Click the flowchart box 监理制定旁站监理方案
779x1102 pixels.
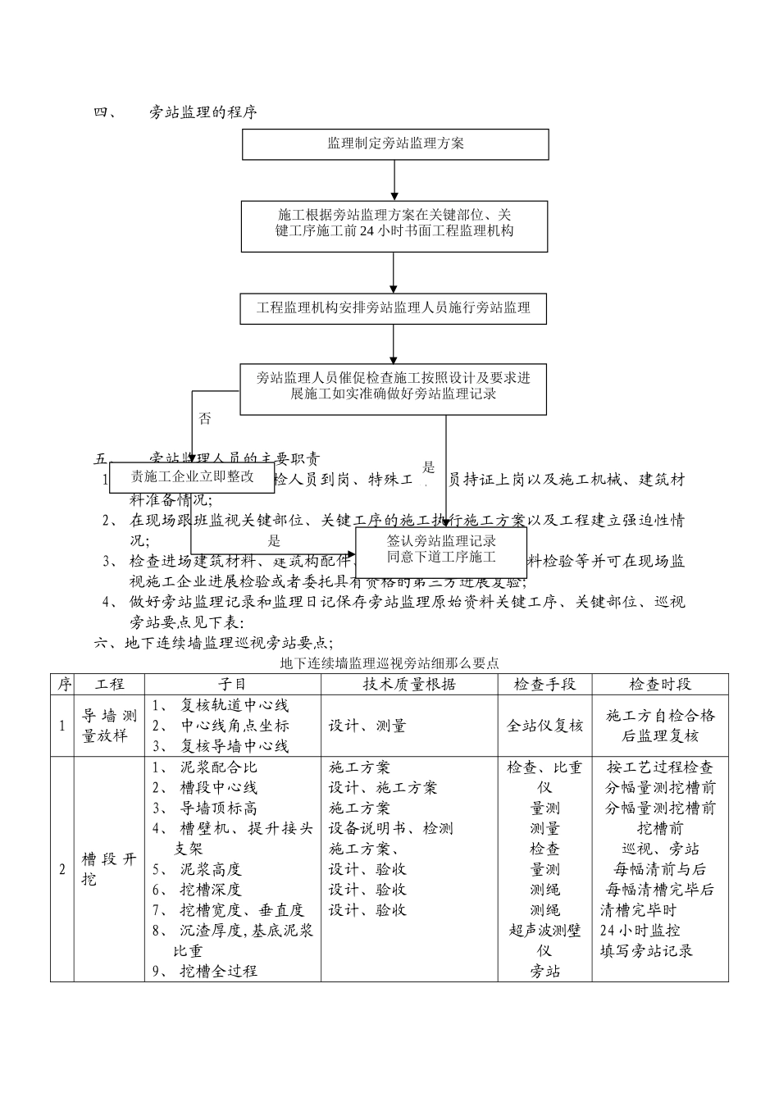[x=395, y=144]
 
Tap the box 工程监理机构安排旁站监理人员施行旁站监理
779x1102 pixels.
[x=394, y=308]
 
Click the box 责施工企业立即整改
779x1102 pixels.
[x=192, y=478]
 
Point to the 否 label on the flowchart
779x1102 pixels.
[x=205, y=420]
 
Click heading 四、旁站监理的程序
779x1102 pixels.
[x=176, y=112]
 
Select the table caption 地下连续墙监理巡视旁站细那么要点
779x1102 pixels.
[x=389, y=663]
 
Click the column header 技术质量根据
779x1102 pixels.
[x=408, y=684]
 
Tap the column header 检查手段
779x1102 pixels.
[x=544, y=684]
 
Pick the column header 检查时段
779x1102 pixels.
[x=660, y=684]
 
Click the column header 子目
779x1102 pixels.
[x=232, y=684]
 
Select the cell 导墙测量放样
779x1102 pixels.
[x=110, y=726]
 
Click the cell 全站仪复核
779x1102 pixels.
[x=544, y=726]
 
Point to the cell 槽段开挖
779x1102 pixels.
[x=110, y=869]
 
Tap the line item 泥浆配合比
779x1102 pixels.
[x=218, y=767]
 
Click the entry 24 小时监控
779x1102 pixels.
[x=640, y=931]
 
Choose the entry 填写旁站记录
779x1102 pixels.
[x=646, y=951]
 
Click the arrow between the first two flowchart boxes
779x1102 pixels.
[x=394, y=180]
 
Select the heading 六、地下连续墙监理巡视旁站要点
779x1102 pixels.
[x=213, y=643]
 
